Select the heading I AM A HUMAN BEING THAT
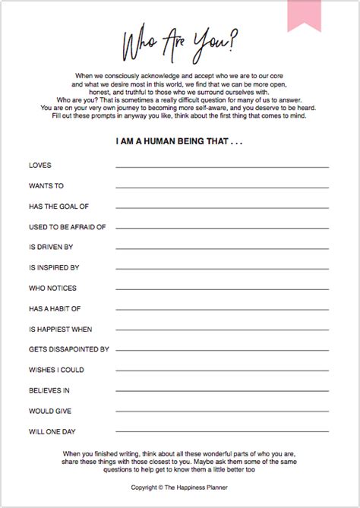pos(179,141)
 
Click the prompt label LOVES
pos(40,165)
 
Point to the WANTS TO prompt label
pos(47,185)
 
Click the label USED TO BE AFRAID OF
pos(67,226)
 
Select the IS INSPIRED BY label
pos(55,267)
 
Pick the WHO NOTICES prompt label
pos(52,288)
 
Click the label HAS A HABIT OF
pos(55,308)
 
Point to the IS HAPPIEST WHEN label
pos(61,329)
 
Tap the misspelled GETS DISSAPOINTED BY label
pos(69,349)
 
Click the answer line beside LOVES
pos(222,167)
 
